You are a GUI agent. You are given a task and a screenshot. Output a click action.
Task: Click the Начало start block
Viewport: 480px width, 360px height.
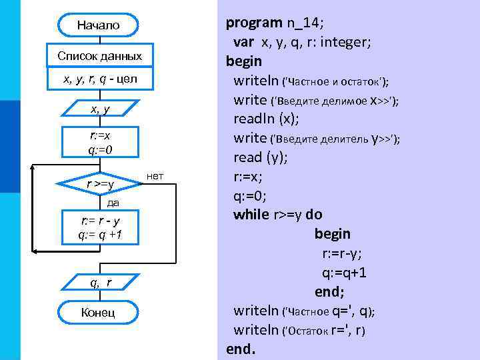pos(99,25)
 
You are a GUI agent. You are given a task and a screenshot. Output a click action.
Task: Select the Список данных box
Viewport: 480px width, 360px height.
pos(99,55)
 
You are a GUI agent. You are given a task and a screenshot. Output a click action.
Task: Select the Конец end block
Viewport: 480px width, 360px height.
pos(99,312)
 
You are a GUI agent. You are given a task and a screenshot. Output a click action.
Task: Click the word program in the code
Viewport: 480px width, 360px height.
pos(253,23)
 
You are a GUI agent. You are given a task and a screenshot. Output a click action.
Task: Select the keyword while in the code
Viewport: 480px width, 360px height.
pos(251,215)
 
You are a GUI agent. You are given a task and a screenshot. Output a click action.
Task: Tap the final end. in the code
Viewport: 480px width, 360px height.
pos(240,349)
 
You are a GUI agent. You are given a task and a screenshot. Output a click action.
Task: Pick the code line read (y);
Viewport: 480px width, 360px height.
pos(261,157)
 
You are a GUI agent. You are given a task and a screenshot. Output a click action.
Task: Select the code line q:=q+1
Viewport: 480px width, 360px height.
pos(344,273)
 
